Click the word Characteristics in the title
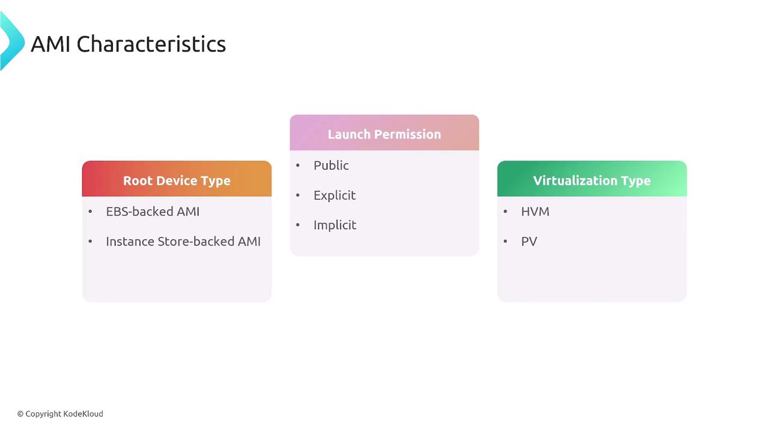(151, 45)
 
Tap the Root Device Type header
(177, 181)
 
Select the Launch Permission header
(384, 134)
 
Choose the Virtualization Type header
(592, 181)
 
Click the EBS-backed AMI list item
(153, 211)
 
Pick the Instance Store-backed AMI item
(183, 241)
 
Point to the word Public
(331, 165)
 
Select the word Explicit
(335, 195)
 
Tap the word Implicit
(335, 225)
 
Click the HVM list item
(535, 211)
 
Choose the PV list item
(529, 241)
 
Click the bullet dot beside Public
(297, 165)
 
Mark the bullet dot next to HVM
(505, 211)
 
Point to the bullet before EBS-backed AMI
(90, 211)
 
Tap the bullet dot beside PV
(505, 241)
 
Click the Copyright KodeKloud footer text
(60, 414)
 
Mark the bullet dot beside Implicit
(297, 225)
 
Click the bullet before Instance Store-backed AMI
(90, 241)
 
